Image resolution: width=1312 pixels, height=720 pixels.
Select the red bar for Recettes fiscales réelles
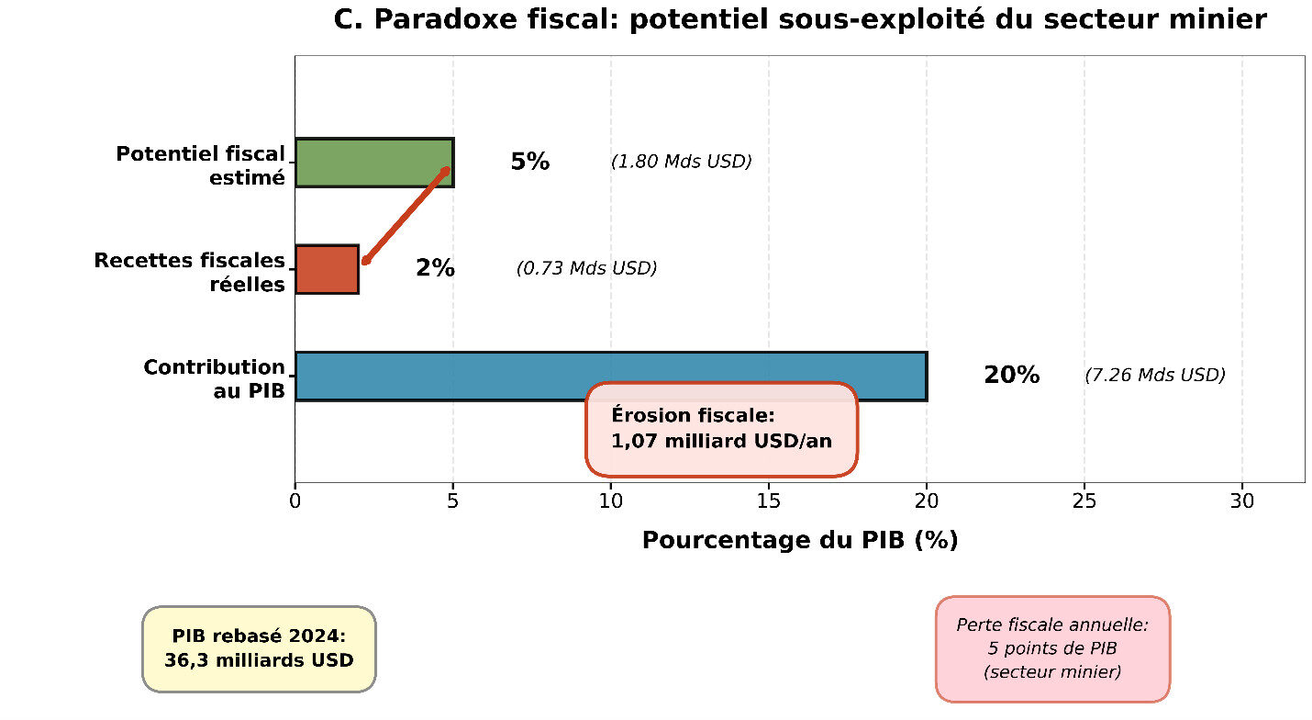click(327, 269)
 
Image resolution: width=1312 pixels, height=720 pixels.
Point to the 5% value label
click(529, 162)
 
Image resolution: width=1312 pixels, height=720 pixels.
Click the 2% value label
click(435, 268)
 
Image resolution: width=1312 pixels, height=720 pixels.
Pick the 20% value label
click(1011, 375)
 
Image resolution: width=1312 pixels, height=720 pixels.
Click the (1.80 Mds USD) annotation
click(681, 162)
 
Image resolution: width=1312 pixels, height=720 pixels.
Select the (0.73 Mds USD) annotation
click(586, 268)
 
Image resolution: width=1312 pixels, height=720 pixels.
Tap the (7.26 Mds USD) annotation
click(1154, 375)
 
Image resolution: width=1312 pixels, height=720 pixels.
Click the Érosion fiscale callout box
click(721, 429)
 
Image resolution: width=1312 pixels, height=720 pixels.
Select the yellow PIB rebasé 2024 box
click(259, 648)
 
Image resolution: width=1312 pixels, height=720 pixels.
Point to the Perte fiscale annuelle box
click(1052, 648)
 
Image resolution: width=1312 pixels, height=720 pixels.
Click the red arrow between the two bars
click(405, 216)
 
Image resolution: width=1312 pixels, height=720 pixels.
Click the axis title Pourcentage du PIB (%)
click(799, 540)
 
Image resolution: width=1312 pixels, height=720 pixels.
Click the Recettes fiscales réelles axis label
click(190, 272)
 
